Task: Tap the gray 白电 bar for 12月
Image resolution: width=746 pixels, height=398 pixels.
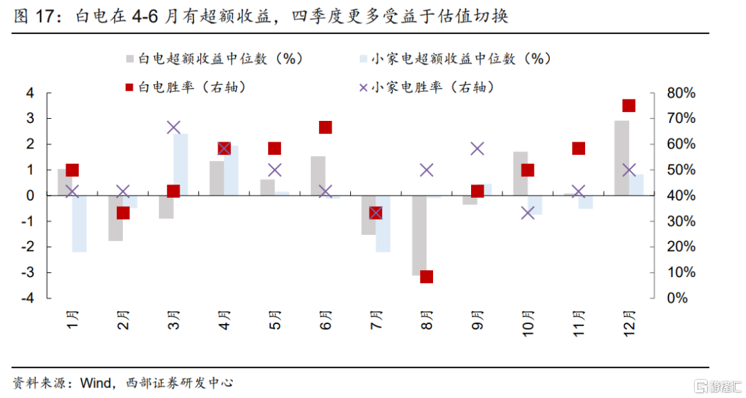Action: pyautogui.click(x=622, y=158)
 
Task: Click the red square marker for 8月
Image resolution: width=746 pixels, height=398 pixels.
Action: pyautogui.click(x=426, y=276)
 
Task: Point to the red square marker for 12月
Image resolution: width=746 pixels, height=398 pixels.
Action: pyautogui.click(x=629, y=106)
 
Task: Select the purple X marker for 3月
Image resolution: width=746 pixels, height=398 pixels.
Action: pyautogui.click(x=173, y=127)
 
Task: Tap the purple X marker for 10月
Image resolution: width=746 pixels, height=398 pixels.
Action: pyautogui.click(x=528, y=213)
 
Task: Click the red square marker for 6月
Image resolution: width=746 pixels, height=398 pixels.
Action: pyautogui.click(x=325, y=127)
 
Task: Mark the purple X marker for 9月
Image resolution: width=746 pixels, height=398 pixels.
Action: pyautogui.click(x=477, y=149)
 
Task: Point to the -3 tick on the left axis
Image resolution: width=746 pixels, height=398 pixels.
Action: pyautogui.click(x=30, y=272)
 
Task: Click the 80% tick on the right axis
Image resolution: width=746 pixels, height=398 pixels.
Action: pyautogui.click(x=681, y=93)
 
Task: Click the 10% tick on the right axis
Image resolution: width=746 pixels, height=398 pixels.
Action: pyautogui.click(x=681, y=272)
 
